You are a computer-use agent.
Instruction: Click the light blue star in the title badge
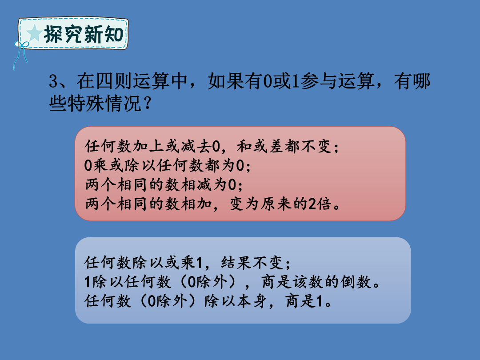click(34, 33)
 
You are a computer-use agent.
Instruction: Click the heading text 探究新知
click(84, 34)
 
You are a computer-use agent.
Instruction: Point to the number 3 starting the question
click(53, 81)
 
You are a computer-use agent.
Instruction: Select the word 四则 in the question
click(114, 81)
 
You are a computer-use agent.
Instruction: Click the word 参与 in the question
click(318, 81)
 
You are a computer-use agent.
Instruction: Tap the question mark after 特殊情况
click(147, 104)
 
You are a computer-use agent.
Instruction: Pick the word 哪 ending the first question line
click(421, 81)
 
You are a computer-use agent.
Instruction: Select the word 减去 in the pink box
click(196, 146)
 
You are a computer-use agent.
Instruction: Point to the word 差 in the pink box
click(276, 146)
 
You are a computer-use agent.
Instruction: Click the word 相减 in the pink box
click(196, 184)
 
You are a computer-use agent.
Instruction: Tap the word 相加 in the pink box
click(196, 204)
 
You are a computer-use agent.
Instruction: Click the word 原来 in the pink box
click(276, 204)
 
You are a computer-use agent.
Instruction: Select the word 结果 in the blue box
click(236, 263)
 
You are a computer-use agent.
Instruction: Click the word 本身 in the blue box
click(251, 301)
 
